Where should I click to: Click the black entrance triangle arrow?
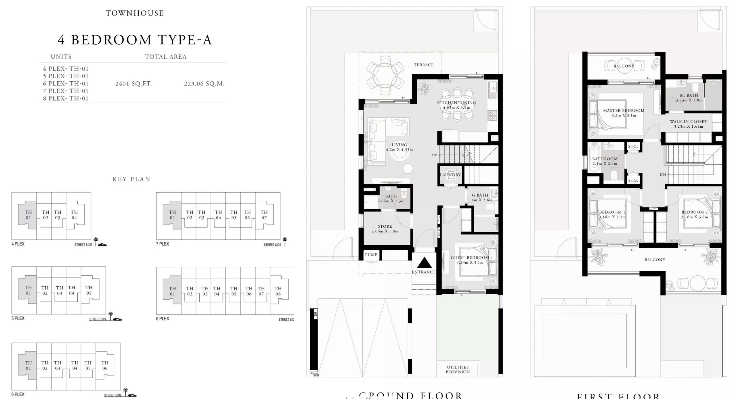(424, 263)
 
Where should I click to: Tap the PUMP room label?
(371, 255)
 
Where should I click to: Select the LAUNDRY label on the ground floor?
(450, 175)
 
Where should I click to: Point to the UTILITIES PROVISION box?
(458, 369)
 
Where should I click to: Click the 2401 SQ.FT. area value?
(133, 84)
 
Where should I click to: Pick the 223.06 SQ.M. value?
(204, 84)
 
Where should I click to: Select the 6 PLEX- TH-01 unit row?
(66, 84)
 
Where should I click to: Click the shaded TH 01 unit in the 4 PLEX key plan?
(28, 215)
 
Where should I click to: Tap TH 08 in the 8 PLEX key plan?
(278, 291)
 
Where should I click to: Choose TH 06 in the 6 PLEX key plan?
(105, 365)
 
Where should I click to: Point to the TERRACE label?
(423, 65)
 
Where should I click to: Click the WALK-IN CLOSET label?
(688, 122)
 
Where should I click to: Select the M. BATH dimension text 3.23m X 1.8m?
(689, 100)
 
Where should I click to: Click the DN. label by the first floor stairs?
(663, 174)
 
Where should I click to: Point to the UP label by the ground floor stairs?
(434, 155)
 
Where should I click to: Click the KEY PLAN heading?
(131, 179)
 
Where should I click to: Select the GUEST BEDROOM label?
(470, 258)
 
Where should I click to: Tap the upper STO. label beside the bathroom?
(633, 147)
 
